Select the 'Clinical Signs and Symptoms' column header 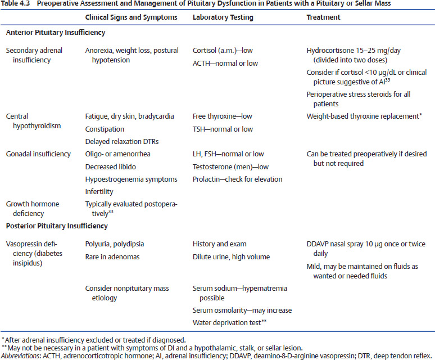(x=131, y=17)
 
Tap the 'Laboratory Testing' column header (x=223, y=17)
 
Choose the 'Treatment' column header (x=323, y=17)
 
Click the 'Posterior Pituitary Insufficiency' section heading (x=56, y=226)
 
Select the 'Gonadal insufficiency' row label (x=38, y=154)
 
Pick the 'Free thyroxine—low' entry (x=223, y=116)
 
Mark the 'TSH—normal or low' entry (x=223, y=129)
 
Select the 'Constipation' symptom (x=105, y=129)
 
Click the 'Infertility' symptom (x=99, y=191)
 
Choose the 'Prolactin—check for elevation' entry (x=237, y=179)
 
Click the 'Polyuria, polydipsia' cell (x=115, y=244)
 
